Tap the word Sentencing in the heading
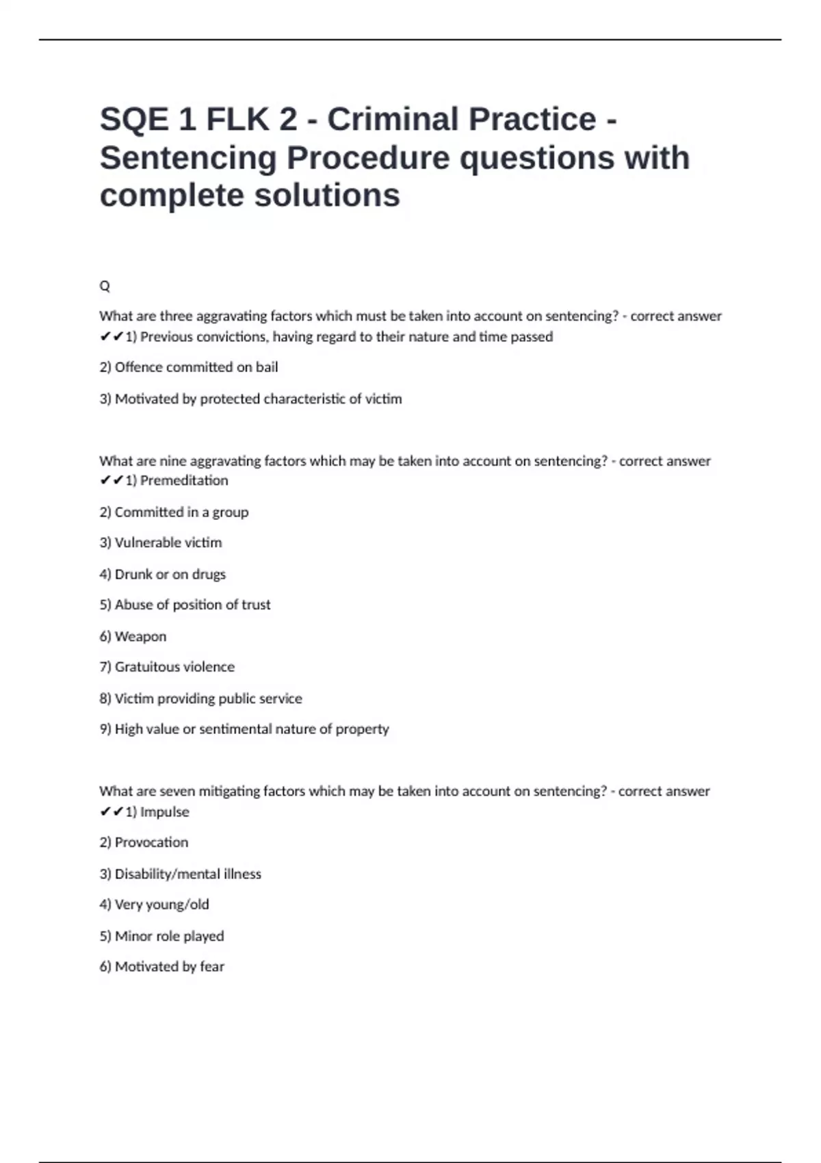point(187,158)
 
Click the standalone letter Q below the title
point(105,286)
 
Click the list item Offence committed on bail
point(189,367)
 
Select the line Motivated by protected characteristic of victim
point(250,399)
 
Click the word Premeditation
point(184,481)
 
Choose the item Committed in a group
point(174,512)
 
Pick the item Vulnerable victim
point(161,543)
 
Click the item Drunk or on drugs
point(163,575)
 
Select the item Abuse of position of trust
point(185,605)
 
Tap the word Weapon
point(140,637)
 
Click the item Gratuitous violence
point(167,667)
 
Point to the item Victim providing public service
point(200,698)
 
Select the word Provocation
point(151,843)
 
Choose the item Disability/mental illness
point(181,874)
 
